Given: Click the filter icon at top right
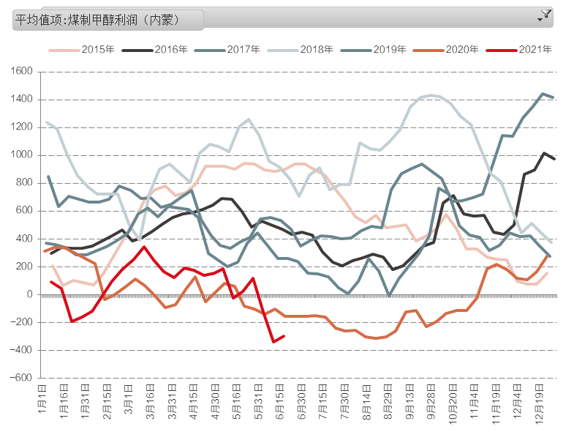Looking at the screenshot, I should coord(545,15).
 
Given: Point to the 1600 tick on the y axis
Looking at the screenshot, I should coord(23,72).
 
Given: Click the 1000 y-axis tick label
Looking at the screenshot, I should coord(23,155).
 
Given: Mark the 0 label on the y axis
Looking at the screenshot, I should coord(29,294).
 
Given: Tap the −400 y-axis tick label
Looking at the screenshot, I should coord(21,350).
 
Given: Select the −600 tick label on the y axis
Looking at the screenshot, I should coord(21,378).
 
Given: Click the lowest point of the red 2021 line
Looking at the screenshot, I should coord(273,342).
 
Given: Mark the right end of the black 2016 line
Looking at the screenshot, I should coord(554,159).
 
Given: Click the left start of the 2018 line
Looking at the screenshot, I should coord(47,122).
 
